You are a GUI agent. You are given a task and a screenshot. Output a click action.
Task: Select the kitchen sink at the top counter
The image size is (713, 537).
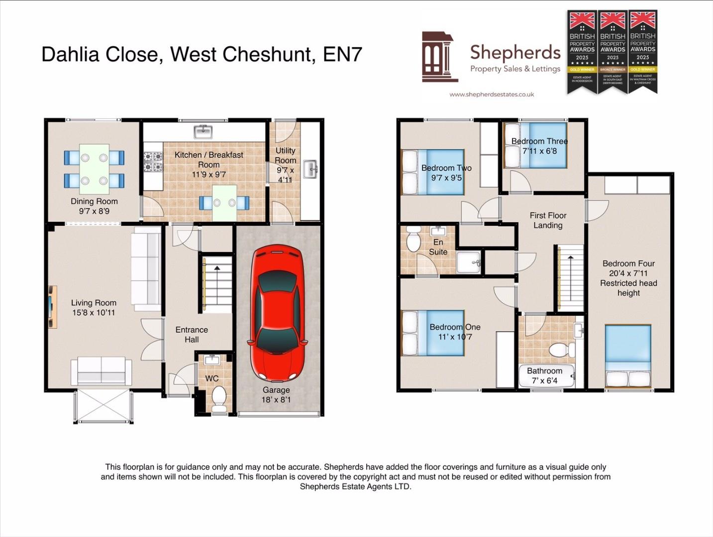pos(203,131)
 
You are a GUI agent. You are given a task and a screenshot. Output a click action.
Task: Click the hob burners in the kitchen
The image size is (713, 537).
pos(153,162)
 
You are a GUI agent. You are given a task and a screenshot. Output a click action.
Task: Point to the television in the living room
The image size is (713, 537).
pos(52,307)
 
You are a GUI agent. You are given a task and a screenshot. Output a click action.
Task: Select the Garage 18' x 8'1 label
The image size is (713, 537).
pos(276,395)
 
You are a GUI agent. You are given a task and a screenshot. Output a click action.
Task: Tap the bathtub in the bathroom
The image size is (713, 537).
pos(546,376)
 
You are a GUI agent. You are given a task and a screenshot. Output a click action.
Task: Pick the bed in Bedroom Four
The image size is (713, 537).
pos(628,356)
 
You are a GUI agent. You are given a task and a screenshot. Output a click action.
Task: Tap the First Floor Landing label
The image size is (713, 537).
pos(548,220)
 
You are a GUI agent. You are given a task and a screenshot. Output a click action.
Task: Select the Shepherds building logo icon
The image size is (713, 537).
pos(439,57)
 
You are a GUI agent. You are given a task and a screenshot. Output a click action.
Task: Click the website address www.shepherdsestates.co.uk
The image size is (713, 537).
pos(492,94)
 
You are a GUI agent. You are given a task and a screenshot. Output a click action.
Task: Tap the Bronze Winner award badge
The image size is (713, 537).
pos(612,52)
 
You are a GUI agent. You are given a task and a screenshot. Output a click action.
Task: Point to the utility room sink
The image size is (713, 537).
pos(310,169)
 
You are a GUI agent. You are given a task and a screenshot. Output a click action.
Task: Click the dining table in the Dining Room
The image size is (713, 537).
pos(95,169)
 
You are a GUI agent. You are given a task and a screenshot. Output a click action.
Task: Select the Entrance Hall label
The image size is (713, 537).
pos(192,335)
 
